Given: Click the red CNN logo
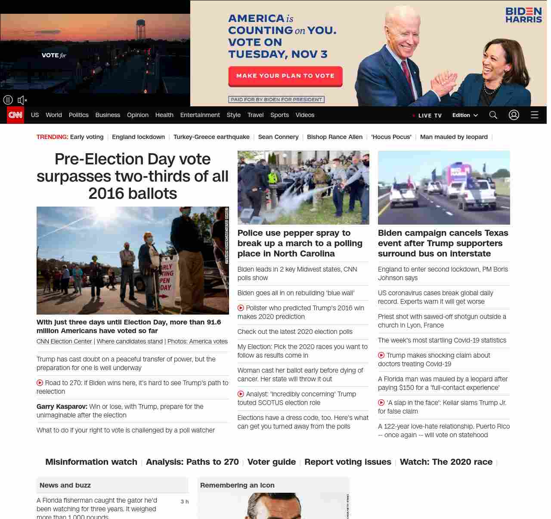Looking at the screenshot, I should pyautogui.click(x=15, y=115).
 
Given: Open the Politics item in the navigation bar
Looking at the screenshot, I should pyautogui.click(x=78, y=115).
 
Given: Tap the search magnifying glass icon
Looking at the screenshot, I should pyautogui.click(x=493, y=115).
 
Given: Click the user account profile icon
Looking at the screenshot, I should pyautogui.click(x=514, y=115).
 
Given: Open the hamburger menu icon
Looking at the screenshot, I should pyautogui.click(x=535, y=115).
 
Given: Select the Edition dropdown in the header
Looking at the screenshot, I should pyautogui.click(x=465, y=115).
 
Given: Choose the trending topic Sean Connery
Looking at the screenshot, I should pyautogui.click(x=278, y=137).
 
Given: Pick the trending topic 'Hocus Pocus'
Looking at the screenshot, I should pyautogui.click(x=391, y=137).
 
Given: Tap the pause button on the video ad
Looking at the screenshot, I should pyautogui.click(x=8, y=100).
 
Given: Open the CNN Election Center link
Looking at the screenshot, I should pyautogui.click(x=64, y=341).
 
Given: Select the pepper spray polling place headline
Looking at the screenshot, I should pyautogui.click(x=300, y=243).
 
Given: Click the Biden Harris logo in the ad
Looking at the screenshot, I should pyautogui.click(x=523, y=15).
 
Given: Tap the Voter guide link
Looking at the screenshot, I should pyautogui.click(x=272, y=462).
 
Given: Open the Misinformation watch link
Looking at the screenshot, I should pyautogui.click(x=91, y=462).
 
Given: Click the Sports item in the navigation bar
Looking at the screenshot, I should pyautogui.click(x=279, y=115).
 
